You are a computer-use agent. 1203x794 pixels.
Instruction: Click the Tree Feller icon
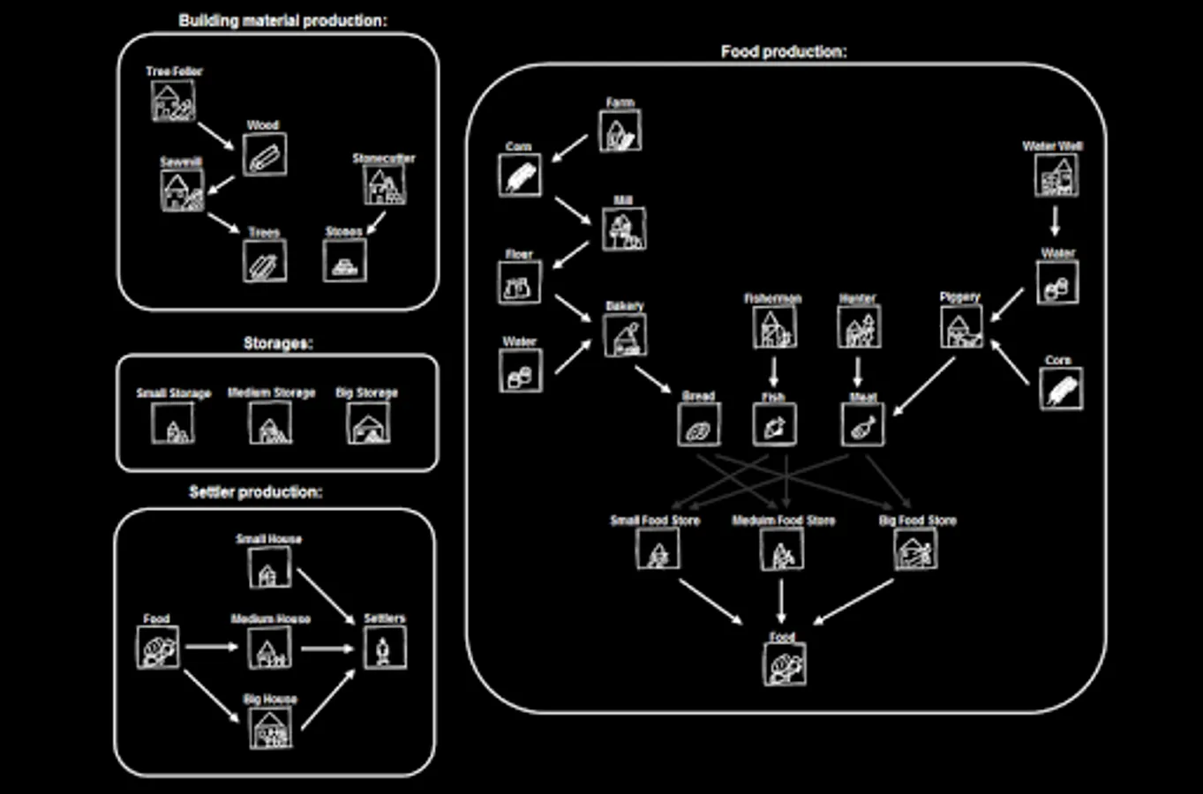click(x=172, y=101)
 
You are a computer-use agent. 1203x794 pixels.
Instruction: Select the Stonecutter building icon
click(x=384, y=184)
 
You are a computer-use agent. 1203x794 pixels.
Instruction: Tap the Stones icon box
click(x=344, y=261)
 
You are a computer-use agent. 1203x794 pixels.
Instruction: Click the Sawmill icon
click(x=182, y=190)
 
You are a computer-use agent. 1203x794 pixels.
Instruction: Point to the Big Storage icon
click(x=368, y=423)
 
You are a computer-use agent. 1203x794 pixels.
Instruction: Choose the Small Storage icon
click(x=173, y=423)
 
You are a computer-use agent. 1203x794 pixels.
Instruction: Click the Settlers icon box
click(x=385, y=648)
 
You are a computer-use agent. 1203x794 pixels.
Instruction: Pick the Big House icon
click(x=270, y=729)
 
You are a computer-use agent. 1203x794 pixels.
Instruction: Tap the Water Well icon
click(x=1056, y=176)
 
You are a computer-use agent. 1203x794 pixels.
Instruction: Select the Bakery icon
click(x=625, y=335)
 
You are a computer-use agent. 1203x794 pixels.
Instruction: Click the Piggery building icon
click(x=960, y=326)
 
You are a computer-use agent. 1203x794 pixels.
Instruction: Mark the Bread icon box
click(x=698, y=424)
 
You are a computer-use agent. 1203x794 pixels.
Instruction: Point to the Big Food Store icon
click(x=915, y=550)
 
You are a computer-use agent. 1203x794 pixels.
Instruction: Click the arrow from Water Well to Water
click(x=1055, y=221)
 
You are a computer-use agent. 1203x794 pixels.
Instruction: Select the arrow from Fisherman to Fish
click(x=774, y=371)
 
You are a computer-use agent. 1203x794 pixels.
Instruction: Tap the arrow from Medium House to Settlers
click(x=327, y=649)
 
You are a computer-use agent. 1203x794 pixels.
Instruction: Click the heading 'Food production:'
click(x=783, y=52)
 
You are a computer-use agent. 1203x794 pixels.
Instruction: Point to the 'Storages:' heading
click(x=277, y=343)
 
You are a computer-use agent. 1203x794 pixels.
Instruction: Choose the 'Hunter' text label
click(x=857, y=299)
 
